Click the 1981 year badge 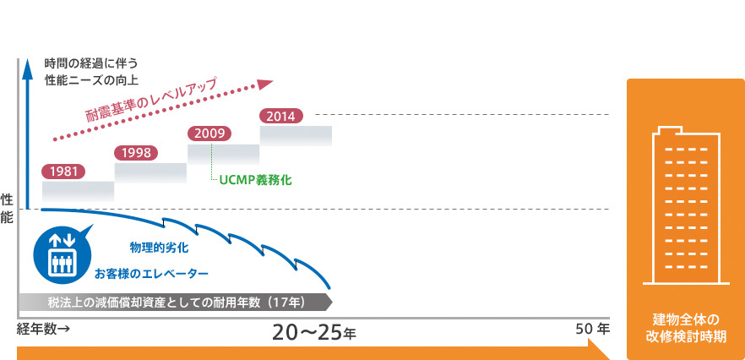coord(63,172)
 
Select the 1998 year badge coord(136,153)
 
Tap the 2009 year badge coord(209,134)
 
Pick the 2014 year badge coord(281,116)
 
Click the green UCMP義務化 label coord(255,181)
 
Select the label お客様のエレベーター coord(150,274)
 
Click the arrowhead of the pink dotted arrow coord(265,84)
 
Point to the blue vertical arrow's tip coord(28,60)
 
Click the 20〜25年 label coord(314,333)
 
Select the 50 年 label coord(592,329)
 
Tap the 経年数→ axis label coord(44,329)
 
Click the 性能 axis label coord(7,208)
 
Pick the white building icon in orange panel coord(686,205)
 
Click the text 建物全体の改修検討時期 coord(686,328)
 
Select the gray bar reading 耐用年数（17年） coord(176,303)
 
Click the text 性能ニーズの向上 coord(91,80)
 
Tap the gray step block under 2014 coord(296,135)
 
